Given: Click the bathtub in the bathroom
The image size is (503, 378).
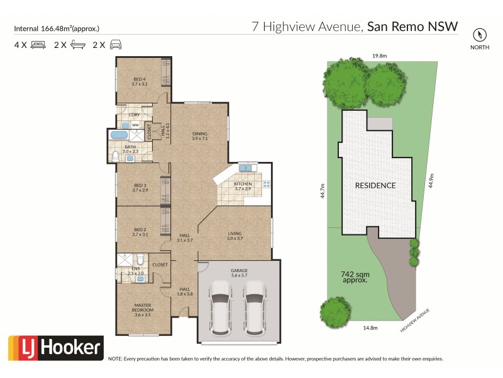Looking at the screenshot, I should point(118,135).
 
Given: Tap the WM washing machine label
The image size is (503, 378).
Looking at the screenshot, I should point(135,125).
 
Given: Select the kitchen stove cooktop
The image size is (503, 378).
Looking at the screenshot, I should point(267,185).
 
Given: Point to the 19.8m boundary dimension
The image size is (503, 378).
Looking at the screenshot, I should point(379,56).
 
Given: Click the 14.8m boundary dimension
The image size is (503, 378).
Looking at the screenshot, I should point(370,327).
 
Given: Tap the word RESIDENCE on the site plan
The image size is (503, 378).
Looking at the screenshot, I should point(375,185).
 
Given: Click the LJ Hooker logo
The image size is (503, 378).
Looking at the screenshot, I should point(55,347).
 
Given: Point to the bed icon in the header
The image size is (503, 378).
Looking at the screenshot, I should point(38,45).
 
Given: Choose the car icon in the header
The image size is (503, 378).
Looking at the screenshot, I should point(116,45).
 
